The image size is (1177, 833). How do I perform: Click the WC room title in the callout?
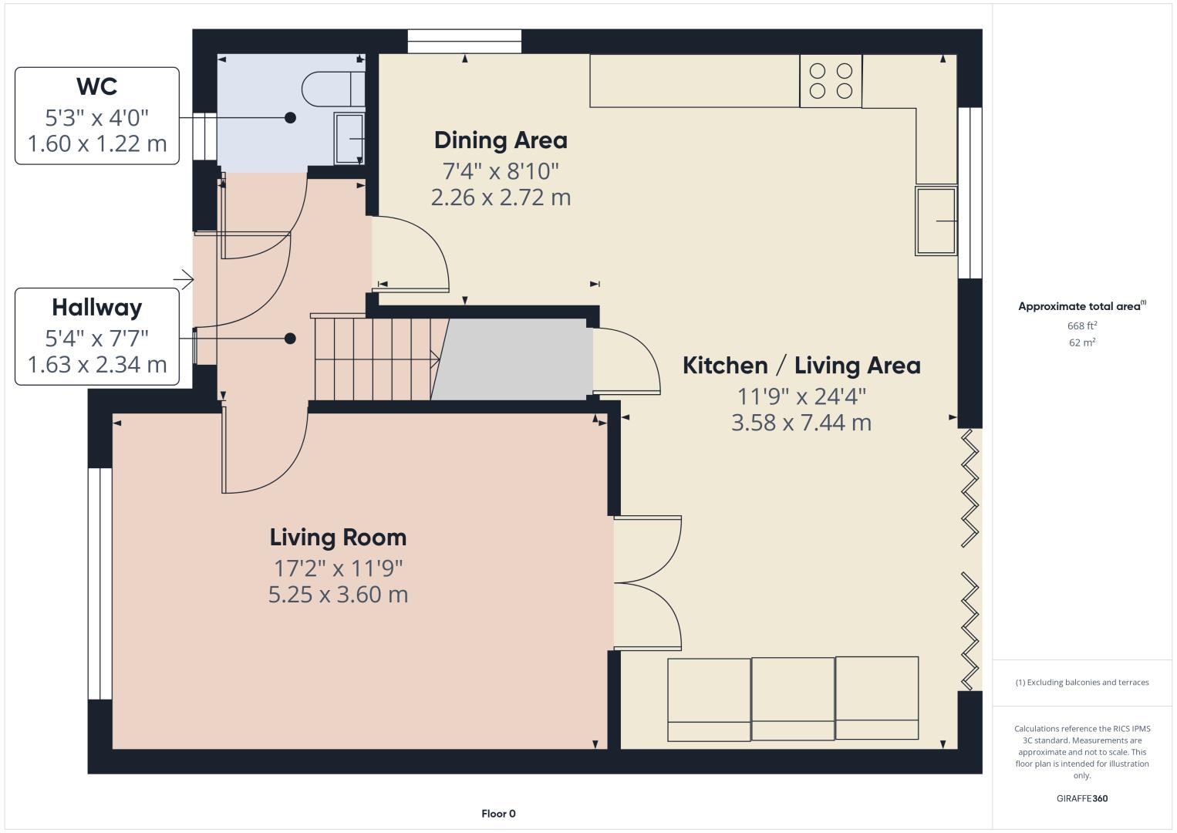(96, 86)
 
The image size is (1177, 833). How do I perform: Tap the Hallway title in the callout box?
(96, 308)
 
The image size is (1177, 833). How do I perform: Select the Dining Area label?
(501, 140)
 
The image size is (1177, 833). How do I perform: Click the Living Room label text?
(338, 537)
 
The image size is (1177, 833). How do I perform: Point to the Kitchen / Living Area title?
(801, 366)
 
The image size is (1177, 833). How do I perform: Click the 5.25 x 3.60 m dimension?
(338, 595)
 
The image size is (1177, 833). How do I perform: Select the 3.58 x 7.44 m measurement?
(801, 423)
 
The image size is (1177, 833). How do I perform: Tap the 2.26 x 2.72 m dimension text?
(501, 197)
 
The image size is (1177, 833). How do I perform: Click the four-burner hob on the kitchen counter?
(831, 81)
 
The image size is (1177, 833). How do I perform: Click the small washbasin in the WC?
(349, 138)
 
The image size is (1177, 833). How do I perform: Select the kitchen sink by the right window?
(936, 221)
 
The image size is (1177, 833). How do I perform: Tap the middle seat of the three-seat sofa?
(793, 699)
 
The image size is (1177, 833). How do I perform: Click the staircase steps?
(375, 359)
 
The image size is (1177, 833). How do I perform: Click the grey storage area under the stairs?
(511, 359)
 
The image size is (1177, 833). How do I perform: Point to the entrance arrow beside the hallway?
(184, 279)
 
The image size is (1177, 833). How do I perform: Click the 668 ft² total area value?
(1082, 325)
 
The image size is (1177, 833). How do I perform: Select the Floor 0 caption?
(499, 814)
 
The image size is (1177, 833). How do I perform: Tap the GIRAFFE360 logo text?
(1082, 798)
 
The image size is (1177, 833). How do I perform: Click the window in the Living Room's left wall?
(99, 583)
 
